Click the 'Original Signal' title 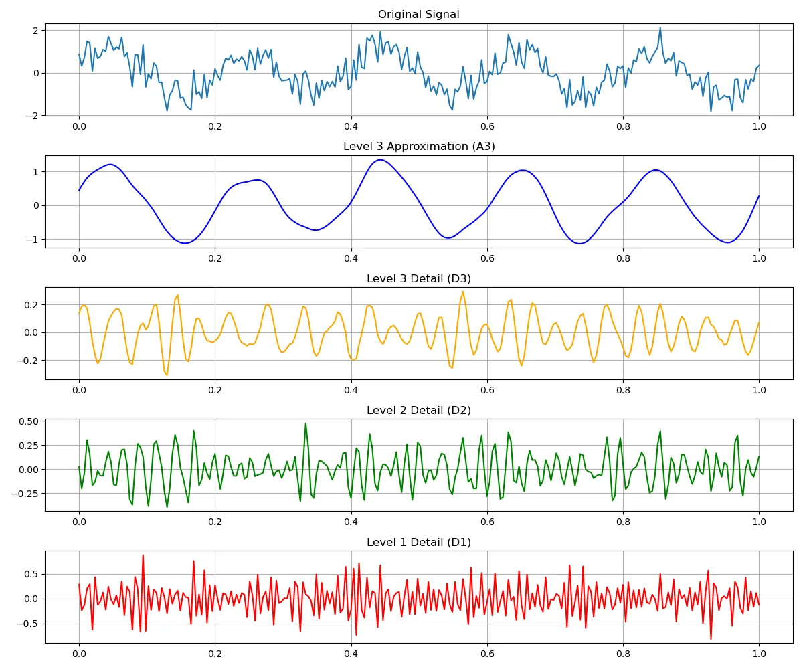tap(418, 15)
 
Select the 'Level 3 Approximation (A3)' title tap(418, 147)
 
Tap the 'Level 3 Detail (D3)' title tap(418, 278)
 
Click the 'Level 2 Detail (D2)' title tap(418, 410)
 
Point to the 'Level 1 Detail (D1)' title tap(418, 542)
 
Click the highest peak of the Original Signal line tap(660, 28)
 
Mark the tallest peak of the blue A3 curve tap(380, 160)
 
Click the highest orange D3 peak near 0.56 tap(462, 292)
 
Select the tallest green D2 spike tap(306, 423)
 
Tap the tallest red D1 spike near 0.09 tap(143, 555)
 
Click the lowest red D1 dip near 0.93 tap(711, 639)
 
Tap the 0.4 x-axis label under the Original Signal tap(351, 126)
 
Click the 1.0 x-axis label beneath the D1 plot tap(759, 653)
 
